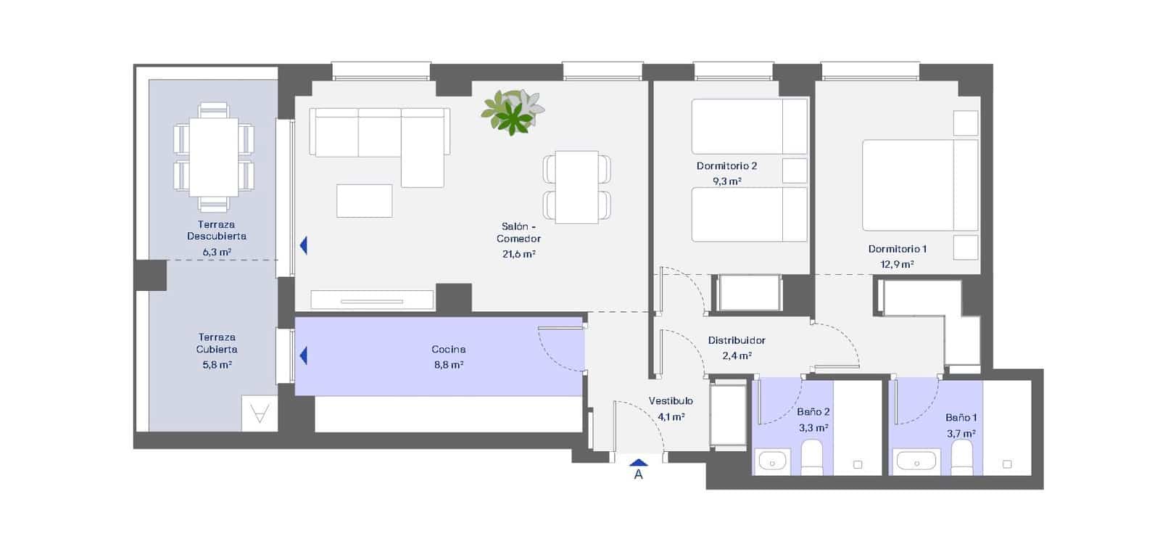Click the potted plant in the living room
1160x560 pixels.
click(513, 111)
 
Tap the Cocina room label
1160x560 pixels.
click(448, 349)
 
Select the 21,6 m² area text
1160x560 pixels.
click(518, 254)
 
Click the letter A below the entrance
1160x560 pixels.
click(638, 475)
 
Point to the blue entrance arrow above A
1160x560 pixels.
click(638, 462)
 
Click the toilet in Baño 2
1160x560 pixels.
click(812, 457)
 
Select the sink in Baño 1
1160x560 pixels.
click(917, 461)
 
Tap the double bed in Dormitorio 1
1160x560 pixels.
click(919, 185)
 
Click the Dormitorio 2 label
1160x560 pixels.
click(726, 165)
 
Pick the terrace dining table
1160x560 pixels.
click(213, 157)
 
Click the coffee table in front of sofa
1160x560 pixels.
click(364, 200)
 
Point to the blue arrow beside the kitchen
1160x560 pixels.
click(303, 355)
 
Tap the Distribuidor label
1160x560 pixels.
click(737, 340)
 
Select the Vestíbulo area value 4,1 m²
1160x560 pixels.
click(671, 417)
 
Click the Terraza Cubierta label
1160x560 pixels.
click(217, 343)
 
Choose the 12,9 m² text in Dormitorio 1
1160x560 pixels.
click(897, 265)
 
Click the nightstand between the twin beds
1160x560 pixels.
click(795, 170)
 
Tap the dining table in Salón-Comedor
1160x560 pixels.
click(576, 187)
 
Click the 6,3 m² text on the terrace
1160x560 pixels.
click(217, 252)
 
